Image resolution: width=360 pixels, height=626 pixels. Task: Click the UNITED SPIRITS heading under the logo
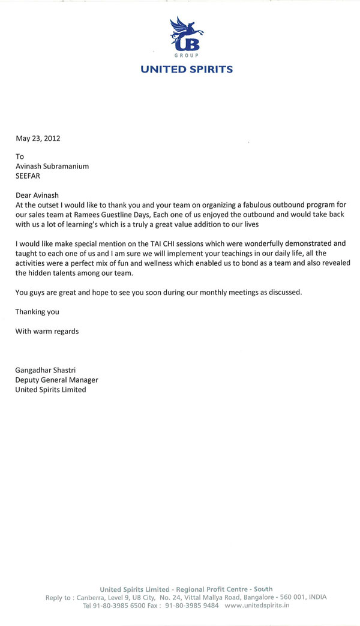(187, 70)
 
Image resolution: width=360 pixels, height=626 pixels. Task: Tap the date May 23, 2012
(37, 139)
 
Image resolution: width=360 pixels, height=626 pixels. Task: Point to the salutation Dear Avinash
(38, 195)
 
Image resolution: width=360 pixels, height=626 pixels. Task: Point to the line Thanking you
(37, 312)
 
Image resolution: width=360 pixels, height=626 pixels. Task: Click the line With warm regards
(47, 331)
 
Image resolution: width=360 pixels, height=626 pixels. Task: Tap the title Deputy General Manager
(56, 380)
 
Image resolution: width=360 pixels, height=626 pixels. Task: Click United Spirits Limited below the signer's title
(50, 390)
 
